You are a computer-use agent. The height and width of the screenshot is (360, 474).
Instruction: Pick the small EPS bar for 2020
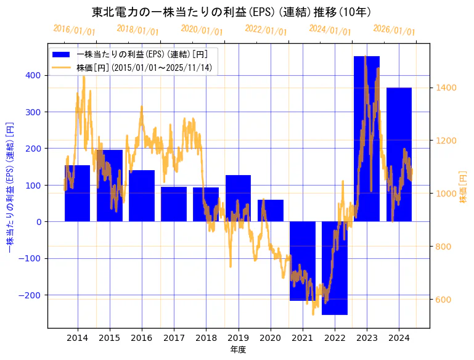271,210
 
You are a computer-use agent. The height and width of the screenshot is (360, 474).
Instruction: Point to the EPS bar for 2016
142,195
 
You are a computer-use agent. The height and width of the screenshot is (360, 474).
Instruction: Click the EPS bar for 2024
399,154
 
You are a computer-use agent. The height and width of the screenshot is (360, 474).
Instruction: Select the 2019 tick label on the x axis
238,338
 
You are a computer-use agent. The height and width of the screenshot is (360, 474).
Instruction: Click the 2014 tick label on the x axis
78,338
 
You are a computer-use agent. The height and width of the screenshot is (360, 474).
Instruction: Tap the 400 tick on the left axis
33,75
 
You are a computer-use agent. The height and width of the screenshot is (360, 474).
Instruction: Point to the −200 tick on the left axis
31,295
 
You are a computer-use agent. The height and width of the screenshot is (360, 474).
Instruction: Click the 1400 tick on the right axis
445,88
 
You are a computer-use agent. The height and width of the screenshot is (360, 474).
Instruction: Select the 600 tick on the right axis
443,300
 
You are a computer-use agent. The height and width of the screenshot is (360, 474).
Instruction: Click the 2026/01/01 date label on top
394,30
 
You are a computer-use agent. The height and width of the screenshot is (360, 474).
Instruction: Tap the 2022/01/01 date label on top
266,30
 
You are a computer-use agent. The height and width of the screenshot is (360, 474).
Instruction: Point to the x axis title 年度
238,350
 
